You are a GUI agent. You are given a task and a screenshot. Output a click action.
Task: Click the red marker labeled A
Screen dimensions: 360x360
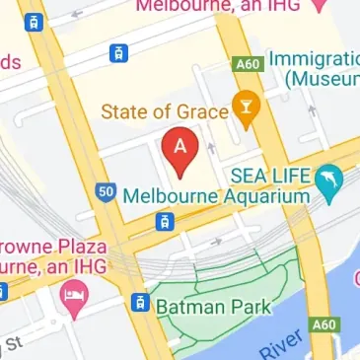click(x=180, y=151)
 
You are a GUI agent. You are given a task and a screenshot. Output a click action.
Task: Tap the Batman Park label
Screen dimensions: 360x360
click(x=210, y=307)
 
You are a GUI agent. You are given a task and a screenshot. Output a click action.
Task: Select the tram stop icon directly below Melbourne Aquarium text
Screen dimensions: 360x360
click(x=159, y=222)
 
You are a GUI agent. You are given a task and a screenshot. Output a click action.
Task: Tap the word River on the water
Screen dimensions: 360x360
click(x=280, y=346)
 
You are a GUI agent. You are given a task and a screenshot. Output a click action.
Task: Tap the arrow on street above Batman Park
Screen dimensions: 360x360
click(x=217, y=240)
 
